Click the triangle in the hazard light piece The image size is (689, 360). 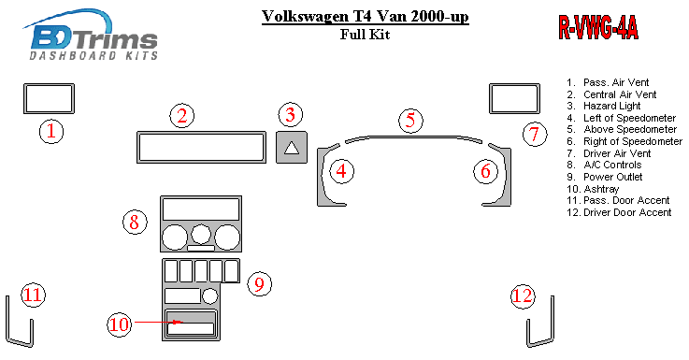point(292,148)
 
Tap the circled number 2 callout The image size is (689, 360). point(182,116)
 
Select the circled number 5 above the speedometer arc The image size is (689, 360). point(410,121)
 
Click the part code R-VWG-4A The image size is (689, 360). point(598,27)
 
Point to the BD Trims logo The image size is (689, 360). point(91,35)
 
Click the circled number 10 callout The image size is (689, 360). point(119,324)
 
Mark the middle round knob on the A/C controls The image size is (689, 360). point(201,234)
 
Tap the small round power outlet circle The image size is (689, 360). point(209,295)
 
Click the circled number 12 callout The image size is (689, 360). point(523,295)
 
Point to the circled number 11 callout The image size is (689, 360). point(34,295)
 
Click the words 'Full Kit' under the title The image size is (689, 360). point(365,35)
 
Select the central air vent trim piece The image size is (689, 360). point(201,133)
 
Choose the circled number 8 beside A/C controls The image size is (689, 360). point(135,222)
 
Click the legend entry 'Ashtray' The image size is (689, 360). point(593,189)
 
